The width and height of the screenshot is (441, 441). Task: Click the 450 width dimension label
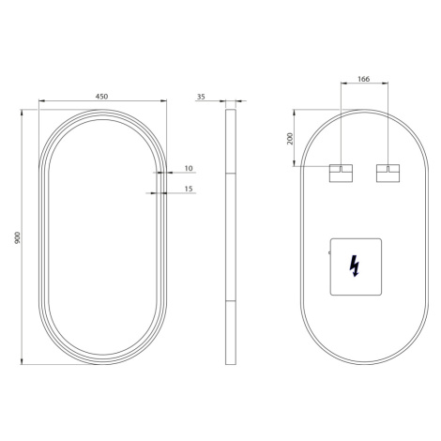pos(101,97)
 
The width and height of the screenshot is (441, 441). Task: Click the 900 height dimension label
pos(17,237)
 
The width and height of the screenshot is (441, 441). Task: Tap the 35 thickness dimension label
pos(201,97)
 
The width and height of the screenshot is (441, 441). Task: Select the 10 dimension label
pos(189,168)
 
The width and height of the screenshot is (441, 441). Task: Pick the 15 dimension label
pos(189,189)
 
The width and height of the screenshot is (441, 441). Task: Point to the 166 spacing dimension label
pos(363,79)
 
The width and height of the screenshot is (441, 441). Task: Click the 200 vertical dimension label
pos(291,139)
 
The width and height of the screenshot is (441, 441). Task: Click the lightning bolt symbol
pos(354,266)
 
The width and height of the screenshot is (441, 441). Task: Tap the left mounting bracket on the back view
pos(341,173)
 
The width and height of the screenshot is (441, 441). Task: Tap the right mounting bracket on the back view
pos(388,173)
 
